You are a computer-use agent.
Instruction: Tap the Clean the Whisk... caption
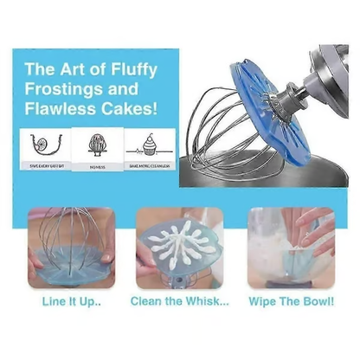point(180,302)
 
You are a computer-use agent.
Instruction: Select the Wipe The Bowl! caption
point(290,302)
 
